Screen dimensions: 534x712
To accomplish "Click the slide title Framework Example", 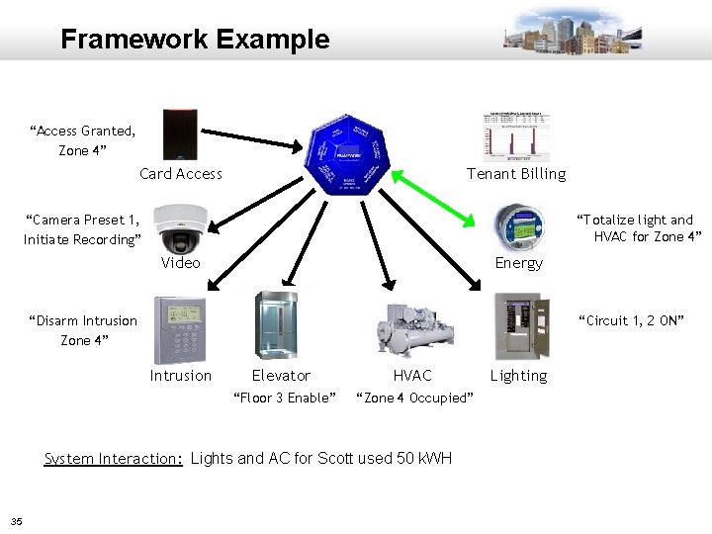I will (x=195, y=40).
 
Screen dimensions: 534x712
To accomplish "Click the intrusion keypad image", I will (x=179, y=330).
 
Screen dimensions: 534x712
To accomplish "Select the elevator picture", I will (x=276, y=328).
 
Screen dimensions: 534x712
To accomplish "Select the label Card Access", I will (x=181, y=174).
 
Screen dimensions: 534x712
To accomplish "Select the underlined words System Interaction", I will (x=114, y=458).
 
